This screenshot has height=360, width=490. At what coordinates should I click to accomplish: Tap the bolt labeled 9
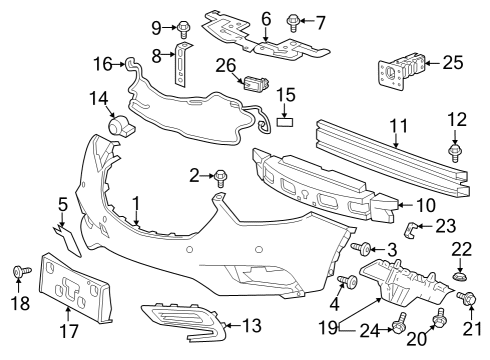pos(186,24)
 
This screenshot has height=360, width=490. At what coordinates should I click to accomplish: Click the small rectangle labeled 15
pos(286,125)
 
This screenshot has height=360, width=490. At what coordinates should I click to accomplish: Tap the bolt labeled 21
pos(467,298)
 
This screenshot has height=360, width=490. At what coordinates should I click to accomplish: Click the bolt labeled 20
pos(438,320)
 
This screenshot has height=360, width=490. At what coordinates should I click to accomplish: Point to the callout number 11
pos(397,128)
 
